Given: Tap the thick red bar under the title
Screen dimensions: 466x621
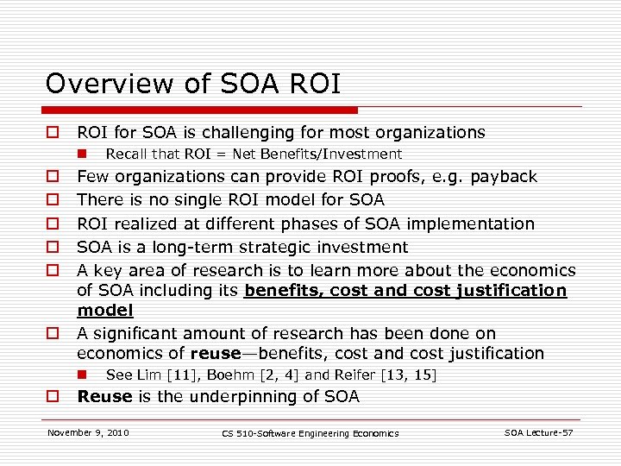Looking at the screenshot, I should click(201, 110).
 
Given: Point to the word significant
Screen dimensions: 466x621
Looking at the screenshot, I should click(138, 333).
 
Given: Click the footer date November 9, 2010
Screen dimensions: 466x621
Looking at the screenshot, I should click(88, 432).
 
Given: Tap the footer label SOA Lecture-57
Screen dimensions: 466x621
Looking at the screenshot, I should click(538, 432).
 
